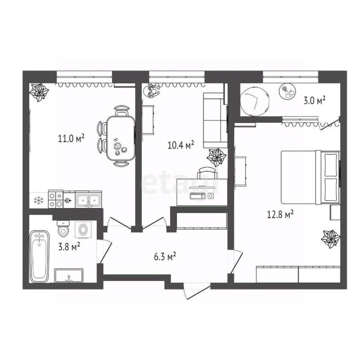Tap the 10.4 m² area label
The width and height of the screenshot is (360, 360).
point(181,144)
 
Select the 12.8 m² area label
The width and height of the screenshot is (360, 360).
point(280,214)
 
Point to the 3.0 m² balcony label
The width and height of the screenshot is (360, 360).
point(314,100)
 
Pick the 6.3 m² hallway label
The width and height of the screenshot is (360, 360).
point(164,257)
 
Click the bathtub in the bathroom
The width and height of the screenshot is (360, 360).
point(39,256)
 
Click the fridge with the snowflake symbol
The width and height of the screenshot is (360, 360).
point(38,199)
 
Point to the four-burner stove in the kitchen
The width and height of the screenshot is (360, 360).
point(56,199)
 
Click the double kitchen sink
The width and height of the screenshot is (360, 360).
point(88,199)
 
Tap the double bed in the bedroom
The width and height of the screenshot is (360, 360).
point(310,177)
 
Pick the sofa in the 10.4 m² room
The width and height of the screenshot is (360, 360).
point(215,120)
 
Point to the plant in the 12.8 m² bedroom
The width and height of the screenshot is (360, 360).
point(331,238)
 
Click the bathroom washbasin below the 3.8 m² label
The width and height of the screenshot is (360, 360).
point(69,276)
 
